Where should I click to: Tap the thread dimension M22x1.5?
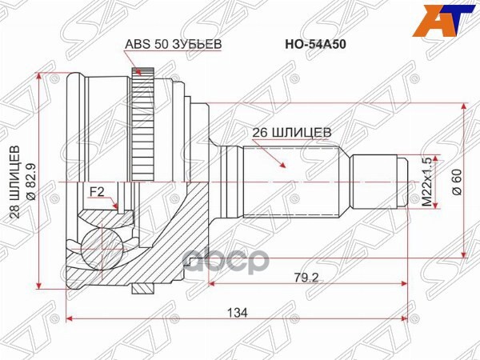click(426, 182)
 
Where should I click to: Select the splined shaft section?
click(292, 182)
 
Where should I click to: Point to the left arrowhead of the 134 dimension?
click(71, 319)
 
